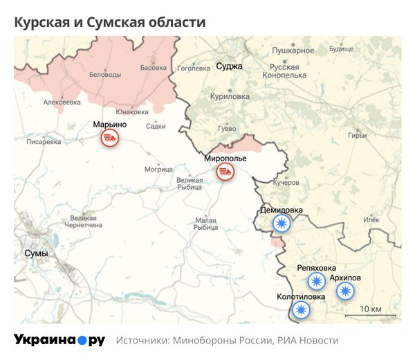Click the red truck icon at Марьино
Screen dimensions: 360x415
click(x=109, y=138)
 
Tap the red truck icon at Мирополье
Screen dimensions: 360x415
click(x=224, y=172)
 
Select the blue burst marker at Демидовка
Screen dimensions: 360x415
click(x=281, y=223)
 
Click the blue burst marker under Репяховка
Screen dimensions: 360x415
click(x=316, y=281)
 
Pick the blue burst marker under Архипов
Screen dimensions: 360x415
click(x=344, y=291)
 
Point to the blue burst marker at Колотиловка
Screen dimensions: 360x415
click(x=301, y=310)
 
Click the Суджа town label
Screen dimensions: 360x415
click(x=229, y=66)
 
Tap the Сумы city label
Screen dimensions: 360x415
click(x=36, y=253)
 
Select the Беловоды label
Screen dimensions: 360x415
click(x=106, y=75)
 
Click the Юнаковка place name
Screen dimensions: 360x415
click(x=131, y=112)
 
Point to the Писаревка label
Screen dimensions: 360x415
click(x=44, y=142)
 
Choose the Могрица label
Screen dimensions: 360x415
click(x=158, y=169)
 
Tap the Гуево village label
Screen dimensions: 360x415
click(x=227, y=129)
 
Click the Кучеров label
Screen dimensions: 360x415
click(x=286, y=183)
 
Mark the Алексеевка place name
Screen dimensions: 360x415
click(x=62, y=102)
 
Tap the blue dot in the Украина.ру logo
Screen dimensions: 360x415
click(x=82, y=341)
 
